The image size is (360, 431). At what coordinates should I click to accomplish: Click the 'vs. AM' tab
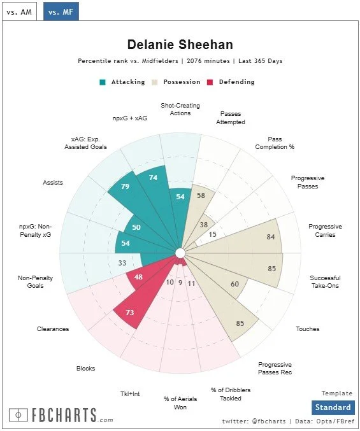pos(19,11)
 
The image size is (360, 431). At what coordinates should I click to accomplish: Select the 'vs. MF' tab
pos(61,11)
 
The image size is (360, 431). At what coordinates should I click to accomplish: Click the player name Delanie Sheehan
pos(180,45)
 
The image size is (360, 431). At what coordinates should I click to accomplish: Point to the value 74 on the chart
pos(153,178)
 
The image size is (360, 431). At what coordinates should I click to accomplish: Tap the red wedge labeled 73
pos(130,313)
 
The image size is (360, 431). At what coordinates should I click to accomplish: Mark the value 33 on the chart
pos(122,262)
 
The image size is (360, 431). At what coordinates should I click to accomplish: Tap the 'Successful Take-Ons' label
pos(325,282)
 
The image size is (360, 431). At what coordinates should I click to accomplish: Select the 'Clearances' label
pos(52,329)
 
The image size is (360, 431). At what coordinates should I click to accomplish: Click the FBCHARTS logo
pos(62,415)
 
